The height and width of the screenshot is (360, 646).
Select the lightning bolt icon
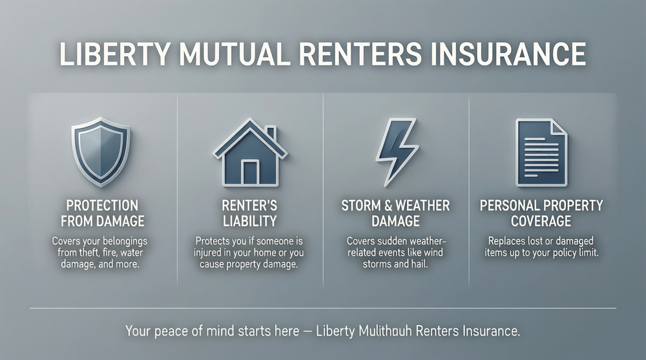tap(395, 152)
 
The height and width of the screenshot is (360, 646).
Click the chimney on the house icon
tap(270, 133)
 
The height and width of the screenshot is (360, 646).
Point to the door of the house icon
tap(249, 171)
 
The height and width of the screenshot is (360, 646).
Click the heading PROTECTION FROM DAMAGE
tap(102, 213)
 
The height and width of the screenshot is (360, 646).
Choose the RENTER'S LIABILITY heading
tap(249, 213)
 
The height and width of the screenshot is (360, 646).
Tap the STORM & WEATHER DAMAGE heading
tap(395, 213)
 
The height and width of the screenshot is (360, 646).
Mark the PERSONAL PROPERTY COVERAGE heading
tap(541, 213)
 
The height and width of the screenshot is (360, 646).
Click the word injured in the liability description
tap(210, 253)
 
